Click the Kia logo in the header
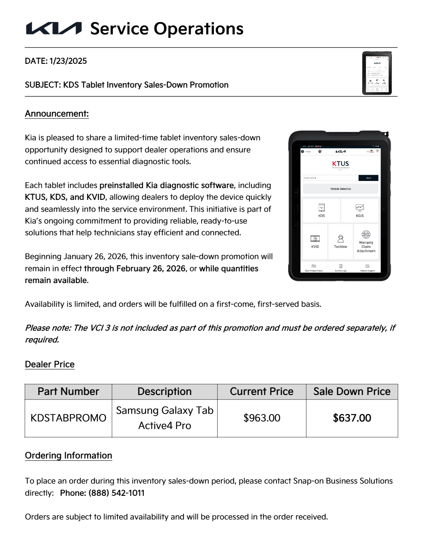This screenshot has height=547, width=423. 54,28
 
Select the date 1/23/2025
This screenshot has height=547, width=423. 68,61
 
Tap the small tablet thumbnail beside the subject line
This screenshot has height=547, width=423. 377,73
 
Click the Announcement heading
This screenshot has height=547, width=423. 57,114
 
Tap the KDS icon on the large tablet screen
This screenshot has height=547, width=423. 321,210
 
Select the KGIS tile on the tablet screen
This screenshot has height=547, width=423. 360,210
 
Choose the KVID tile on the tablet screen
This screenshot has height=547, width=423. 315,241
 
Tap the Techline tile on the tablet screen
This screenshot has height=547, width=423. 340,241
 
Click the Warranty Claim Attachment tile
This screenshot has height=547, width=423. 366,241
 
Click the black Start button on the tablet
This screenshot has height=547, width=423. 368,178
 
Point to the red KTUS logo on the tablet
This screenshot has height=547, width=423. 340,164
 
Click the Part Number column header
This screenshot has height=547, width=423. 68,392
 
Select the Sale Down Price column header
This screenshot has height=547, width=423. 352,392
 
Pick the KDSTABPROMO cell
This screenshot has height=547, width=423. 68,418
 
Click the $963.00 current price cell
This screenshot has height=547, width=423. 262,418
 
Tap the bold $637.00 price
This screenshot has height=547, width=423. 352,418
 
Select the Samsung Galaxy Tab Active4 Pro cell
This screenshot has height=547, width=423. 164,418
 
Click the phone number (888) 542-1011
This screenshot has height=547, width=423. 116,493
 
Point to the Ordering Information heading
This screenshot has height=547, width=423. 68,455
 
